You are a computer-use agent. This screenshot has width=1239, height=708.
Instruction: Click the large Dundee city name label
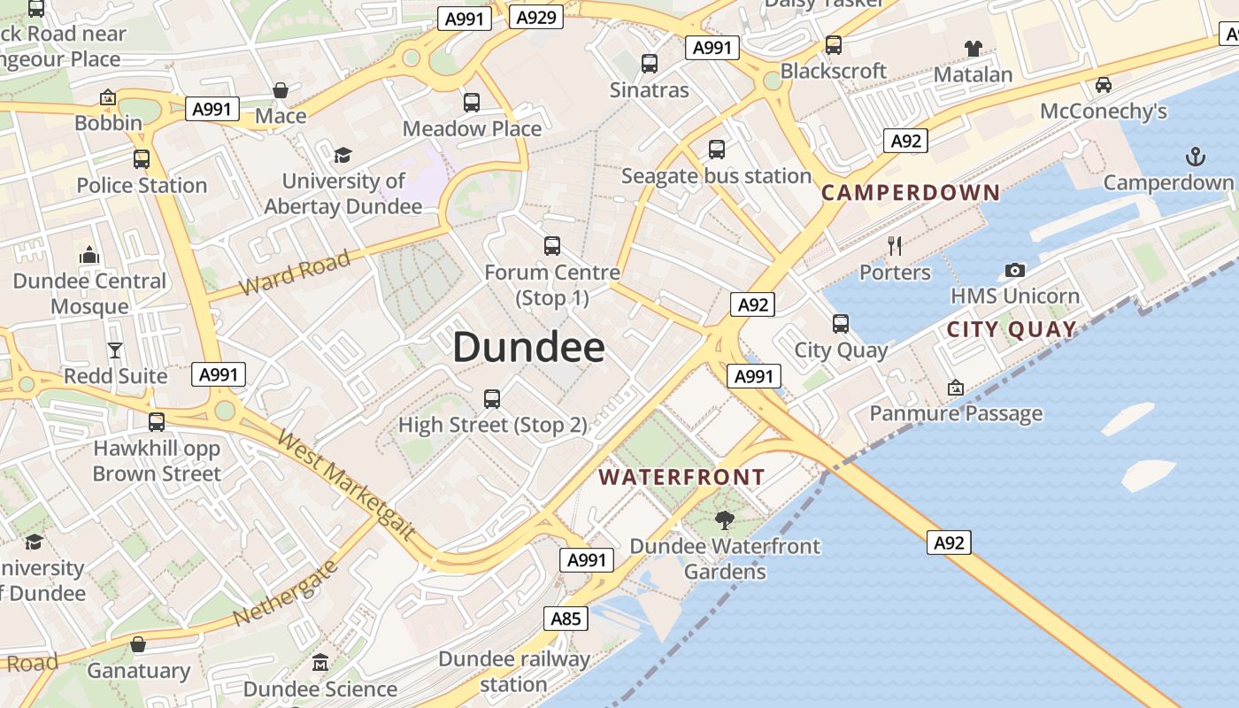[x=528, y=348]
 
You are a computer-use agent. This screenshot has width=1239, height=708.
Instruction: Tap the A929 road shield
[x=536, y=17]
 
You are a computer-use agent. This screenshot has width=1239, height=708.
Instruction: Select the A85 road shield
[x=566, y=618]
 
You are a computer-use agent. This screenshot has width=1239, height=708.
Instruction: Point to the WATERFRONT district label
[x=681, y=477]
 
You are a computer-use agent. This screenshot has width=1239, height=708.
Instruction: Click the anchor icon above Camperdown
[x=1196, y=158]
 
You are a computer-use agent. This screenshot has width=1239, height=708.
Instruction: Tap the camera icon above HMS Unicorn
[x=1015, y=270]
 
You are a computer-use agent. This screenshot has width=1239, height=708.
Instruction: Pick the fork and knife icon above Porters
[x=895, y=246]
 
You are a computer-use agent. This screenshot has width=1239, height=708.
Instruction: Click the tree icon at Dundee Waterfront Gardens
[x=725, y=520]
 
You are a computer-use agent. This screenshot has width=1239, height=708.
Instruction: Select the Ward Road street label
[x=295, y=274]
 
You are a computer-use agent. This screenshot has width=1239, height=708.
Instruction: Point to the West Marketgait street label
[x=346, y=484]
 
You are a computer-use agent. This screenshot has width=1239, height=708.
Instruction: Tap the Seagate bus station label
[x=716, y=176]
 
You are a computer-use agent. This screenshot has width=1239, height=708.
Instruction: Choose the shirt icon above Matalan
[x=973, y=48]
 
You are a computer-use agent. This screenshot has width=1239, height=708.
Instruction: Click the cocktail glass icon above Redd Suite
[x=115, y=350]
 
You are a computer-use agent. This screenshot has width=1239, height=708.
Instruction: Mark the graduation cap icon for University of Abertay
[x=342, y=156]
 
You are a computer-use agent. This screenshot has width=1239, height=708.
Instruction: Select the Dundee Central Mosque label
[x=89, y=294]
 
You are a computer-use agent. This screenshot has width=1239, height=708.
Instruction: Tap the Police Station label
[x=142, y=185]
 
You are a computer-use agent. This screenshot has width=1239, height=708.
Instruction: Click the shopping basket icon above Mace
[x=281, y=90]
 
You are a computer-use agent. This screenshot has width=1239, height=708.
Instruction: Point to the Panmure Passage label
[x=956, y=413]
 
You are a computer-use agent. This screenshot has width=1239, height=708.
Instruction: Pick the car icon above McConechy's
[x=1103, y=85]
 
